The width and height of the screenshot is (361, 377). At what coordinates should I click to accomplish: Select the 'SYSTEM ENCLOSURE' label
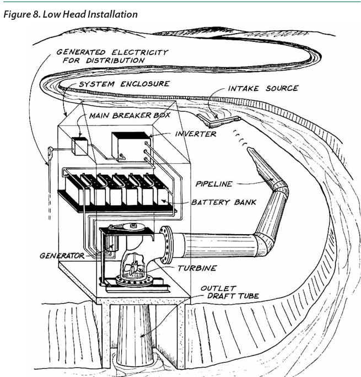click(123, 84)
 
